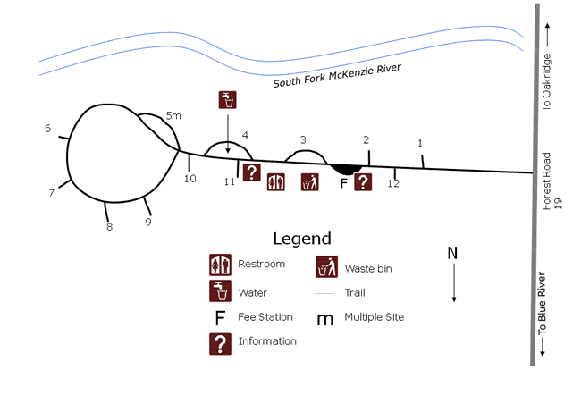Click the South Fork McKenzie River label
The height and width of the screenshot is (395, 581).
click(x=337, y=77)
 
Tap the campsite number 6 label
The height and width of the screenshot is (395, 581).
click(x=48, y=128)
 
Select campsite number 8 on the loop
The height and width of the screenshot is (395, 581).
click(x=109, y=227)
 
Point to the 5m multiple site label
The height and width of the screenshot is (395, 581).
click(x=174, y=115)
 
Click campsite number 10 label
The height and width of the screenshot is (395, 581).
click(x=189, y=179)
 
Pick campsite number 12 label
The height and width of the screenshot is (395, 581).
click(x=393, y=184)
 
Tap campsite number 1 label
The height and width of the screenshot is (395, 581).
click(x=420, y=143)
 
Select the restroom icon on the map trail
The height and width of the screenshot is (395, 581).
click(x=275, y=181)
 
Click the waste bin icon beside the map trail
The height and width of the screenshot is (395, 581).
click(x=310, y=181)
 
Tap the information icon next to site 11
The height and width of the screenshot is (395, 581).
click(x=252, y=172)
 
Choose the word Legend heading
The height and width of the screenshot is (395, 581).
click(x=301, y=239)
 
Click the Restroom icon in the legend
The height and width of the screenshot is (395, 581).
click(x=220, y=265)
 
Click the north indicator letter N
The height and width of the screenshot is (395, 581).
click(x=452, y=253)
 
